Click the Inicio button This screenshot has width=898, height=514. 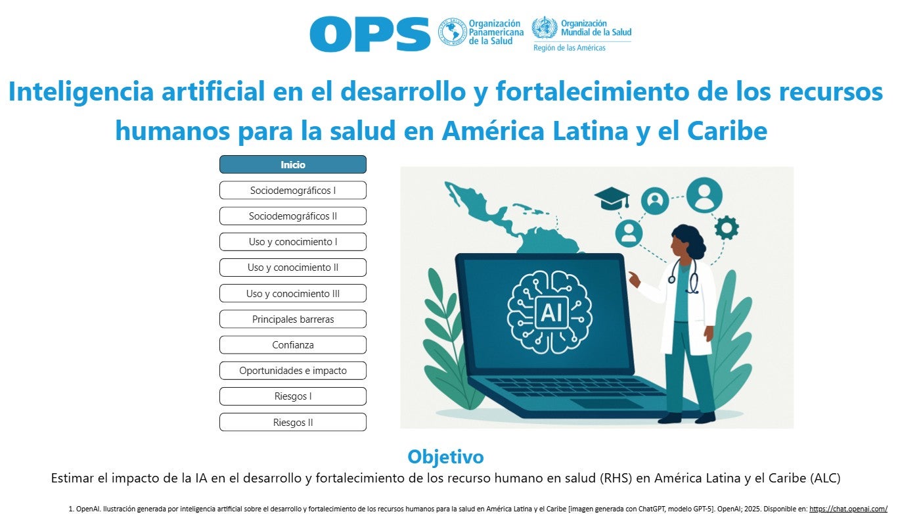292,164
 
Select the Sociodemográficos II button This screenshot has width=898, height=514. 292,216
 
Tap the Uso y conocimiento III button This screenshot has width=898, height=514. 292,293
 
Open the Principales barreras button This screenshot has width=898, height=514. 292,319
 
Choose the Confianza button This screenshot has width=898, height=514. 292,344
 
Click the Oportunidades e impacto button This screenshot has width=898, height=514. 292,370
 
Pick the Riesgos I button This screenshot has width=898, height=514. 292,396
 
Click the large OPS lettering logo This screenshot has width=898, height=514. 370,34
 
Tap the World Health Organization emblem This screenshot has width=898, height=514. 545,28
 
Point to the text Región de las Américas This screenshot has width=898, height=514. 570,48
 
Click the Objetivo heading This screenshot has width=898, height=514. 445,457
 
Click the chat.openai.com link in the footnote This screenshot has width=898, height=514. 848,509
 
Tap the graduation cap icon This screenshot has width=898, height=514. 612,198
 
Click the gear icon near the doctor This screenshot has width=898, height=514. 727,227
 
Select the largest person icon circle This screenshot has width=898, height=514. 704,195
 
